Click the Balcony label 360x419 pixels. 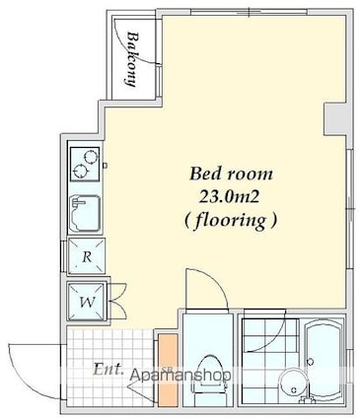[131, 59]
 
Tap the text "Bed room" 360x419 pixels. [231, 174]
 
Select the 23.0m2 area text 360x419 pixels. [230, 197]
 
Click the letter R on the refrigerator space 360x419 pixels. [87, 256]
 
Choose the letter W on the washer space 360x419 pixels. [88, 302]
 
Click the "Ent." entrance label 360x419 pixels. [108, 370]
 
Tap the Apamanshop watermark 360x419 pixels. [180, 375]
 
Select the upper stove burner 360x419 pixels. [91, 156]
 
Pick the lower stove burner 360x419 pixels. [80, 171]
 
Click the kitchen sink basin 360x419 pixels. [86, 214]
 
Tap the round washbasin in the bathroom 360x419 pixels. [294, 385]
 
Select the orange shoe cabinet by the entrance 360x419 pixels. [168, 370]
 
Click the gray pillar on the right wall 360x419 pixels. [334, 119]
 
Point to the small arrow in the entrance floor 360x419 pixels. [140, 390]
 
